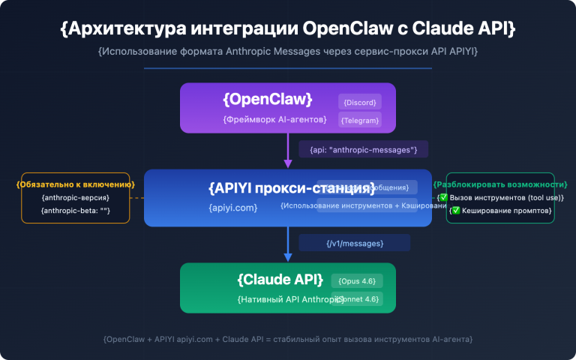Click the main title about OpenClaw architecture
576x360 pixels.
(x=288, y=29)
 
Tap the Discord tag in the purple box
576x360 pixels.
(x=360, y=102)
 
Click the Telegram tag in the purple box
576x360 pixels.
(x=360, y=120)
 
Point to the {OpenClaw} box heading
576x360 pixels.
(x=267, y=100)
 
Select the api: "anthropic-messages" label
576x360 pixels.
(x=363, y=149)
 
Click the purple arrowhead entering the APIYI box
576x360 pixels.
(x=288, y=164)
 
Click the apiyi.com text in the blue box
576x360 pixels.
(x=233, y=207)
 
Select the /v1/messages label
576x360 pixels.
(x=355, y=243)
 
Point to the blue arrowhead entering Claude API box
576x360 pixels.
(x=288, y=258)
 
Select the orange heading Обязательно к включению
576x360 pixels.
(x=76, y=184)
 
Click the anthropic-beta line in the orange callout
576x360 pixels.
(x=76, y=211)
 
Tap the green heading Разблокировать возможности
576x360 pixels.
(x=500, y=184)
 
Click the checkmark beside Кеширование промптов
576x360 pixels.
(x=455, y=211)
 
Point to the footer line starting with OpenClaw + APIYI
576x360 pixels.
(x=288, y=339)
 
